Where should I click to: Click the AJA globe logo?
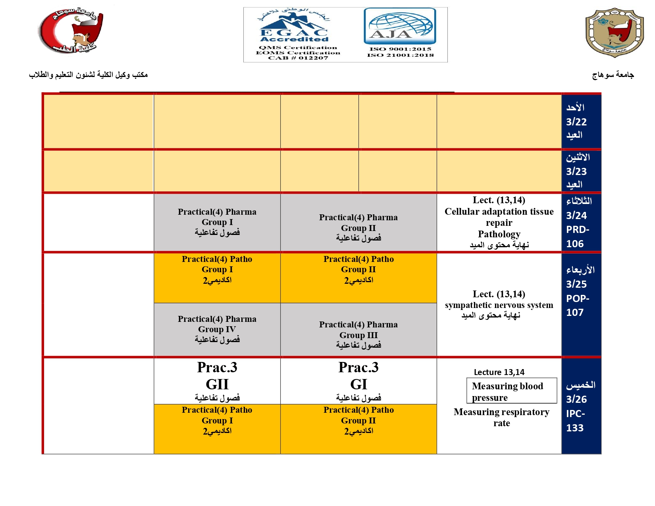pos(400,26)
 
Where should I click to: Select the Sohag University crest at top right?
pos(614,33)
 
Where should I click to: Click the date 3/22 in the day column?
pos(576,122)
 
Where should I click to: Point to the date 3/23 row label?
pos(576,171)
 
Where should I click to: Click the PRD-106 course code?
pos(578,237)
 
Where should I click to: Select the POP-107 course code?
pos(578,305)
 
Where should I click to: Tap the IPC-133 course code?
pos(575,421)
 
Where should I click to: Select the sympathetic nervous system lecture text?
pos(499,305)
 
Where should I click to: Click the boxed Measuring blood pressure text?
pos(511,391)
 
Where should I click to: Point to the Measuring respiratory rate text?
pos(501,417)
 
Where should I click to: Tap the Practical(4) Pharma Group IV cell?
pos(217,329)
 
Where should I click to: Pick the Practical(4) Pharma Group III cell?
pos(358,335)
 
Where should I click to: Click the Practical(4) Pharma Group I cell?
pos(217,222)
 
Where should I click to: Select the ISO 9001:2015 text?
pos(400,49)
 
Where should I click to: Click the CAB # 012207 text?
pos(298,58)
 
